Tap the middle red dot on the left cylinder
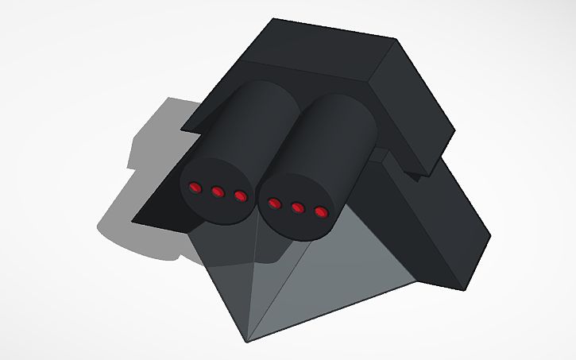tap(217, 191)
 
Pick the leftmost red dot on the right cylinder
tap(275, 203)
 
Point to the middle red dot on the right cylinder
tap(298, 207)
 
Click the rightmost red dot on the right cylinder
tap(321, 212)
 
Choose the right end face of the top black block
tap(413, 103)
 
